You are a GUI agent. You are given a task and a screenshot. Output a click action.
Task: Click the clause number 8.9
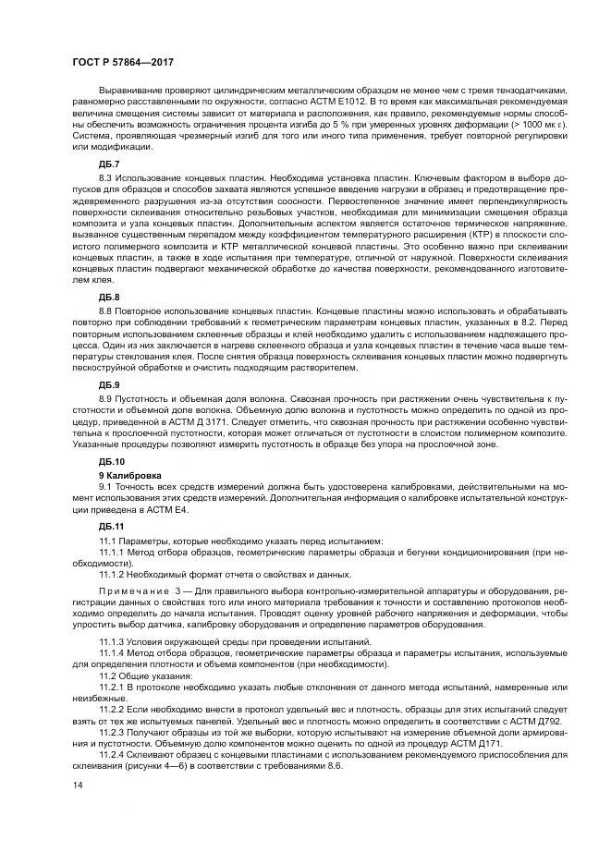click(105, 395)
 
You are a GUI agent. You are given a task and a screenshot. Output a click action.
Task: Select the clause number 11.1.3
click(111, 640)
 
